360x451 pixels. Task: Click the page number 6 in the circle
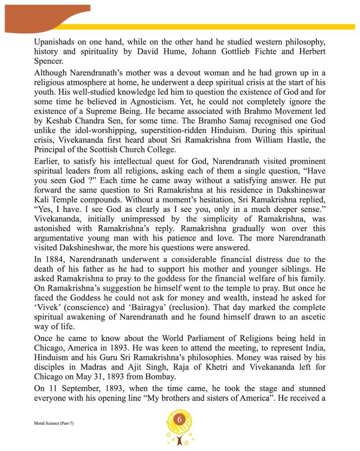click(x=179, y=420)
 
